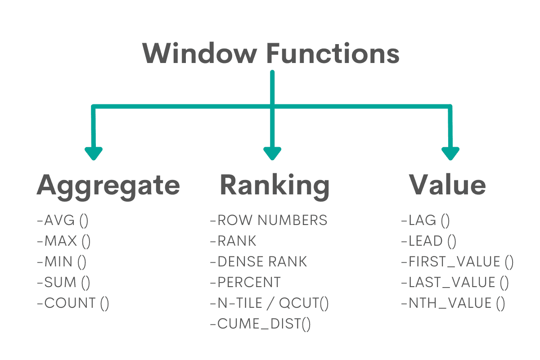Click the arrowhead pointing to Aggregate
[94, 153]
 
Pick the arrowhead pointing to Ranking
[272, 153]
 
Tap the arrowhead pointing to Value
[450, 153]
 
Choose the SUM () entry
[63, 283]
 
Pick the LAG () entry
[425, 220]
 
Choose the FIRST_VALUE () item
[457, 262]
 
